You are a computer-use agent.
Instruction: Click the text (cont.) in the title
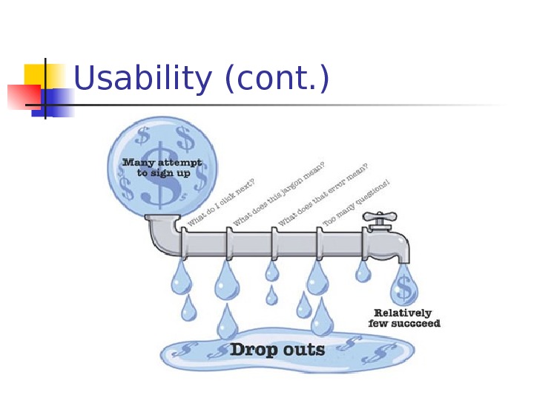click(x=275, y=79)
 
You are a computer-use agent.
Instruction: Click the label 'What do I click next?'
click(x=221, y=203)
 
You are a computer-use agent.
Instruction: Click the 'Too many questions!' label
click(x=356, y=202)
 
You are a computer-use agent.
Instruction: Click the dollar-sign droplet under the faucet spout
click(x=404, y=286)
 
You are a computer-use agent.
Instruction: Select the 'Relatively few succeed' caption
click(x=403, y=318)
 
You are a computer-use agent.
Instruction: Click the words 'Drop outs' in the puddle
click(x=277, y=348)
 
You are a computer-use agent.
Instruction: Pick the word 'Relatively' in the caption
click(x=403, y=313)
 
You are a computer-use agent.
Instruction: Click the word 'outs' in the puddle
click(x=303, y=348)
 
